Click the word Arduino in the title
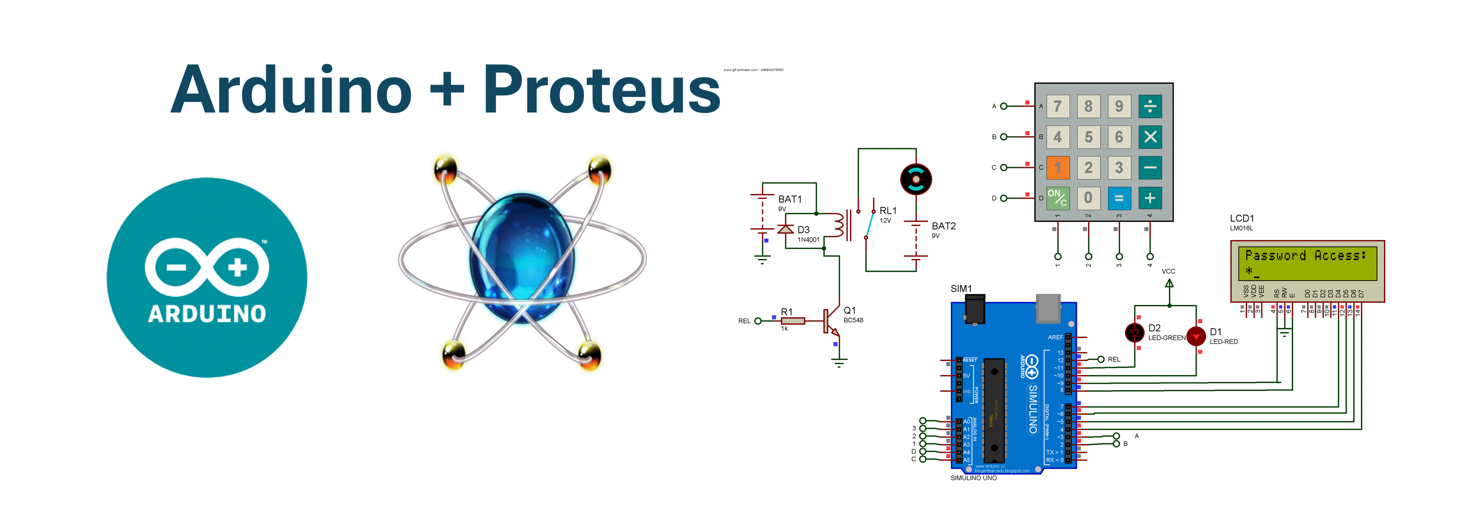(291, 90)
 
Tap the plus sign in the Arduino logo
(237, 267)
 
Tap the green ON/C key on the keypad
(1057, 198)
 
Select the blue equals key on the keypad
(1119, 198)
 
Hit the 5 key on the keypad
(1088, 137)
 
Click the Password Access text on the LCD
(1305, 256)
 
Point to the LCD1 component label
(1241, 218)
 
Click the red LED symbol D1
(1196, 337)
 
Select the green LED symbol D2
(1135, 332)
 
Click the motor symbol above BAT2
(915, 179)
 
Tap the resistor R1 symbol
(793, 321)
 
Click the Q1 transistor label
(850, 310)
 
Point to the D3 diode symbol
(785, 229)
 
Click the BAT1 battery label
(790, 199)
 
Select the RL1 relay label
(888, 210)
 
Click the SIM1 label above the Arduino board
(961, 288)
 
